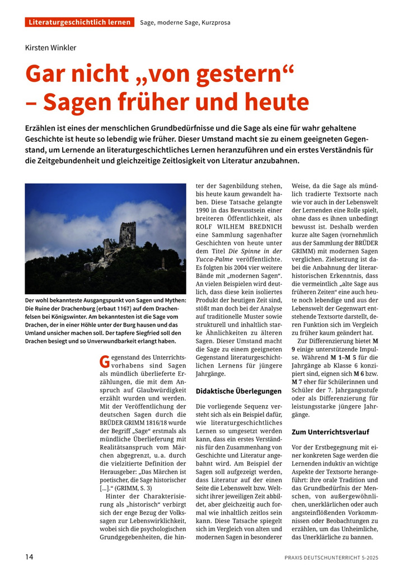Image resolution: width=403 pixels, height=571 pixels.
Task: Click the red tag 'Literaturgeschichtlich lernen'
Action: click(x=79, y=22)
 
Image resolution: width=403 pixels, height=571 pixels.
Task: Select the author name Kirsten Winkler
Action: click(x=50, y=48)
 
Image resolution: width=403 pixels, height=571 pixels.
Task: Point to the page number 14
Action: click(x=30, y=556)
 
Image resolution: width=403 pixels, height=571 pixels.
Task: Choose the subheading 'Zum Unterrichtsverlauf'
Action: click(x=330, y=432)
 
